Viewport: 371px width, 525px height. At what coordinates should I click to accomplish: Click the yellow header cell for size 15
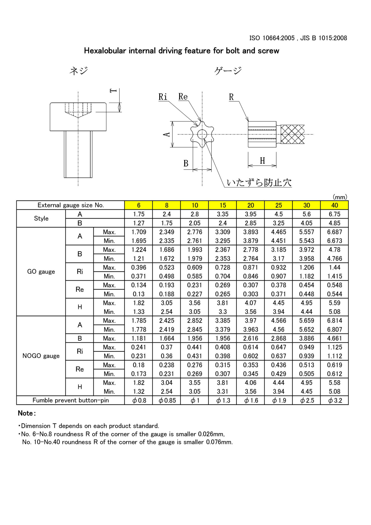pyautogui.click(x=223, y=205)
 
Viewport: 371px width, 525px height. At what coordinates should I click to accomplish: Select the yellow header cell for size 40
pyautogui.click(x=334, y=205)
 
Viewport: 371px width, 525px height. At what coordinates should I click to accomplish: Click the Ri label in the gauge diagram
pyautogui.click(x=163, y=97)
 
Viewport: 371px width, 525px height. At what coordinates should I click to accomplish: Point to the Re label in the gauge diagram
pyautogui.click(x=183, y=97)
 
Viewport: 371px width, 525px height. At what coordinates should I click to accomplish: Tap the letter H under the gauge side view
pyautogui.click(x=262, y=161)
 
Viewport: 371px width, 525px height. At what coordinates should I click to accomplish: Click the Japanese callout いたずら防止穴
pyautogui.click(x=259, y=183)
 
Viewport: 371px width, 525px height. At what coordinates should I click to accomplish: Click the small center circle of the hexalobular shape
pyautogui.click(x=202, y=134)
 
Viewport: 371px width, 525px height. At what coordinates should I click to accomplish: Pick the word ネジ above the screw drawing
pyautogui.click(x=79, y=71)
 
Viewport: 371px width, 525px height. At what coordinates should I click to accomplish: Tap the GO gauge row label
pyautogui.click(x=41, y=272)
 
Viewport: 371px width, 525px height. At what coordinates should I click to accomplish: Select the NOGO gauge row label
pyautogui.click(x=41, y=356)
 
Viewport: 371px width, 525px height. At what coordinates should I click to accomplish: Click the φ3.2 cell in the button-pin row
pyautogui.click(x=335, y=400)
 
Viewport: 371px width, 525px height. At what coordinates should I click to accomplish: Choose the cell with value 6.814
pyautogui.click(x=334, y=320)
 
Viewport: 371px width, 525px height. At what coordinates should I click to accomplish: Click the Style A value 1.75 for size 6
pyautogui.click(x=139, y=214)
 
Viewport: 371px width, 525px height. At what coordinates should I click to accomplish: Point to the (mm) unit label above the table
pyautogui.click(x=340, y=197)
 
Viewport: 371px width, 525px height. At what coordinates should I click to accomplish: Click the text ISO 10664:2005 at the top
pyautogui.click(x=272, y=38)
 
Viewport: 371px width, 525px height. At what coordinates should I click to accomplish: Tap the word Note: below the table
pyautogui.click(x=27, y=413)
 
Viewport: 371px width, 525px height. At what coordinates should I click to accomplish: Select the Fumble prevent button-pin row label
pyautogui.click(x=71, y=400)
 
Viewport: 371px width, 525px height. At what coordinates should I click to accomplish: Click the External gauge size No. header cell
pyautogui.click(x=71, y=205)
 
